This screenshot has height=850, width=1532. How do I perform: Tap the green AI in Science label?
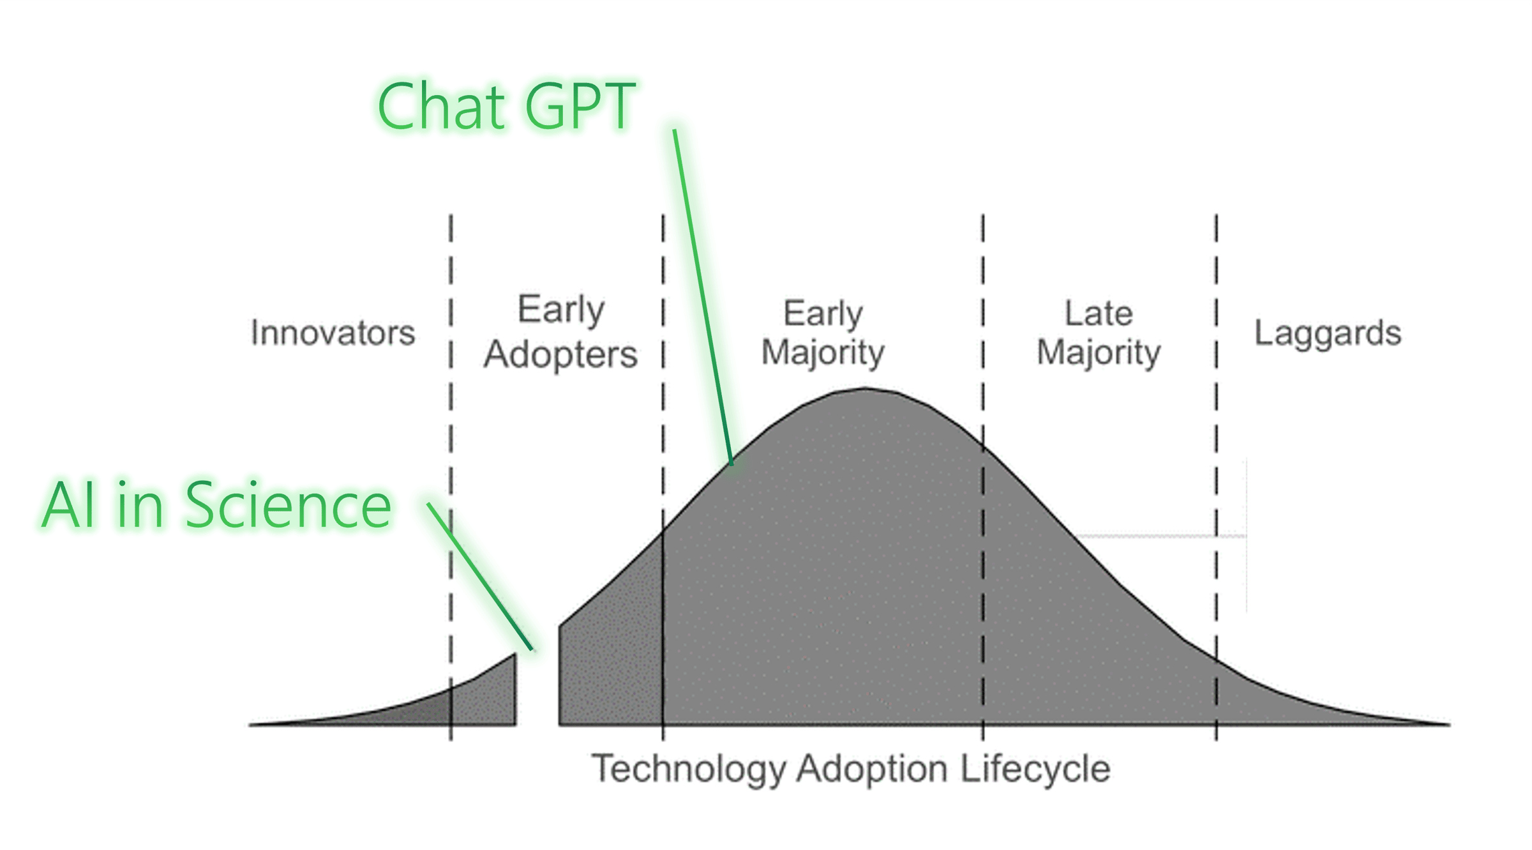pos(216,505)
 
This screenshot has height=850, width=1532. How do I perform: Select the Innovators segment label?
pos(333,333)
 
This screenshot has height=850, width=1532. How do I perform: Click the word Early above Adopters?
pos(560,310)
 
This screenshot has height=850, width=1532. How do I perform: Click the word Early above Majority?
pos(823,314)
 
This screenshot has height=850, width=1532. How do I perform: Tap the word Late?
pos(1099,314)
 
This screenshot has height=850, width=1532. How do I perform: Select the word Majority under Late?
pos(1099,353)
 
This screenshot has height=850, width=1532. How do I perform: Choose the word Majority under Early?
pos(823,353)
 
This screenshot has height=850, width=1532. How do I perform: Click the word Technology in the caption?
pos(689,769)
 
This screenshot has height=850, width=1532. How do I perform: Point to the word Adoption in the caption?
pos(872,769)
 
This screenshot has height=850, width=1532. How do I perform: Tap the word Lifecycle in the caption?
pos(1035,768)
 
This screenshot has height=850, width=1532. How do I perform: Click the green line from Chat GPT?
pos(703,297)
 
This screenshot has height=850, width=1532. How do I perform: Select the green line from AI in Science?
pos(479,577)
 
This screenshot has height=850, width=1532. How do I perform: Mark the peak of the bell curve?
pos(865,388)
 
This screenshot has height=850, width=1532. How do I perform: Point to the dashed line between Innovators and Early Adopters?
pos(451,478)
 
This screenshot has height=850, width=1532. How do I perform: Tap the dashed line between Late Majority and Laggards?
pos(1216,478)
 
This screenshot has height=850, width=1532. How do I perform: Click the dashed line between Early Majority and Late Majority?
pos(982,478)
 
